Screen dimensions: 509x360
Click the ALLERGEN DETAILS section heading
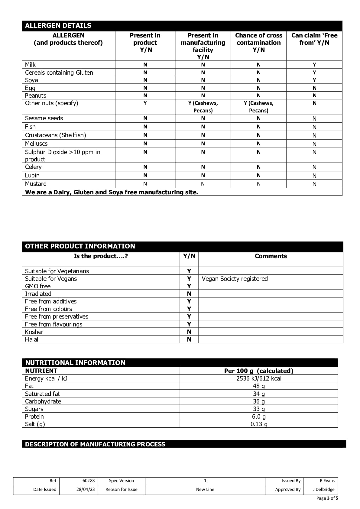click(58, 26)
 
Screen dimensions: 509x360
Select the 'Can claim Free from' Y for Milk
click(314, 65)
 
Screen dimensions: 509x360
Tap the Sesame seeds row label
click(44, 118)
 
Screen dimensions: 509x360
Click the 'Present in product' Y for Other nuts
click(145, 103)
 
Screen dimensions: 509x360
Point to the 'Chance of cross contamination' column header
click(258, 43)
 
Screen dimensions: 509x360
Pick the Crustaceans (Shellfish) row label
click(55, 135)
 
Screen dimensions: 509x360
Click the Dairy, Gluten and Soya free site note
click(111, 192)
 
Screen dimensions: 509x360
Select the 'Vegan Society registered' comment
click(235, 279)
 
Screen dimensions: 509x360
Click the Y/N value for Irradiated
click(189, 294)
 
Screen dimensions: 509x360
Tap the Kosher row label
click(34, 332)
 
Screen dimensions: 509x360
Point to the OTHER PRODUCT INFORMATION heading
click(80, 246)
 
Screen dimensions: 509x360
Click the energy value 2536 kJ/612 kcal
click(259, 378)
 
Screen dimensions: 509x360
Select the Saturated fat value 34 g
click(259, 394)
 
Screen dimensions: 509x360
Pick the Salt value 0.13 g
click(259, 424)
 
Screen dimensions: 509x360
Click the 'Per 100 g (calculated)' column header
click(259, 371)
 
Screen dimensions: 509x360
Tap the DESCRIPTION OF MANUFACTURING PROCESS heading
click(95, 444)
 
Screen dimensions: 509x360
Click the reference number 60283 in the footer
click(88, 481)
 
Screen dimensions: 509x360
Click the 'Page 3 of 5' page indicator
click(327, 498)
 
